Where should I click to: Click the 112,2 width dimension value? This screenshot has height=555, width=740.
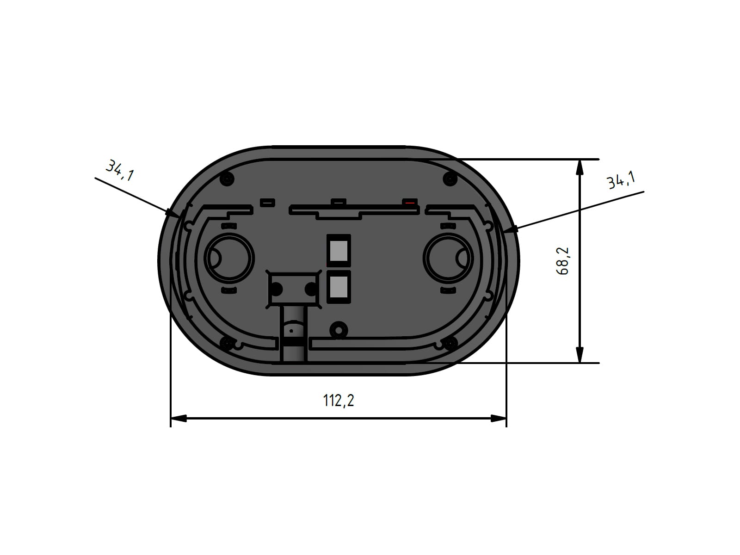click(x=339, y=401)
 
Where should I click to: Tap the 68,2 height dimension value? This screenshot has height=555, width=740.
click(x=562, y=261)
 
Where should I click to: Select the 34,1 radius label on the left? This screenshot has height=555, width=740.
click(x=120, y=171)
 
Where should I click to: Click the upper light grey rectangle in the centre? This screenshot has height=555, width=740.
click(x=339, y=251)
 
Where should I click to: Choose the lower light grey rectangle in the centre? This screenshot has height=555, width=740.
click(x=339, y=287)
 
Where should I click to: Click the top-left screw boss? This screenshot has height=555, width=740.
click(x=227, y=178)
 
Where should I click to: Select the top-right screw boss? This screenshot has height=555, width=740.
click(x=450, y=178)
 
